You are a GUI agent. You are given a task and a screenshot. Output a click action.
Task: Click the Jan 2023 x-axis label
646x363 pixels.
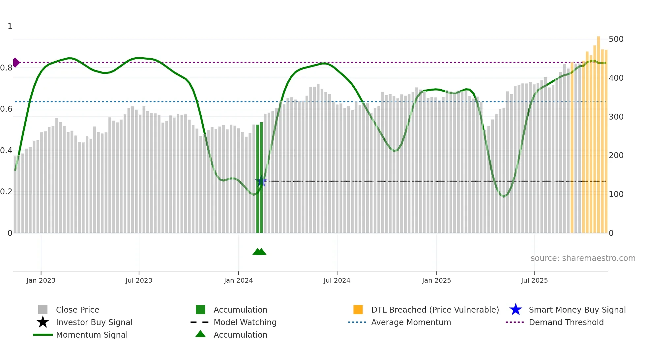[41, 280]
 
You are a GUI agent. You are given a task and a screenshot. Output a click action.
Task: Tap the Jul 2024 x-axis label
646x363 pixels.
[337, 280]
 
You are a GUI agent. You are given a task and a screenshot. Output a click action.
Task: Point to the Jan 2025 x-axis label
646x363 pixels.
[436, 280]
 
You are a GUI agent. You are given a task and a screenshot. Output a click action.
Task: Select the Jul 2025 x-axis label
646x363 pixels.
[534, 280]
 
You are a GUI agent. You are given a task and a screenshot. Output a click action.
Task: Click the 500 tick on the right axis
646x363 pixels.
[616, 39]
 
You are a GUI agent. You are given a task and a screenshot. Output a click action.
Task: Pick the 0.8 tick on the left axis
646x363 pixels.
[6, 68]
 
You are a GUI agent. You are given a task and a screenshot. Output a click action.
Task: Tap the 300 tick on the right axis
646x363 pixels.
[616, 117]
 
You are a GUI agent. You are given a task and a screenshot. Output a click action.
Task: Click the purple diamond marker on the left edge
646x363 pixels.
[16, 62]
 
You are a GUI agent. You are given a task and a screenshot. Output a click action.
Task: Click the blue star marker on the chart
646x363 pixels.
[261, 181]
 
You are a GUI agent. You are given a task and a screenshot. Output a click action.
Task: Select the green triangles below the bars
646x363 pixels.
[259, 252]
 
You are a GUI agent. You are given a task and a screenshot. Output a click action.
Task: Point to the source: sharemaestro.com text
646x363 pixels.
[583, 258]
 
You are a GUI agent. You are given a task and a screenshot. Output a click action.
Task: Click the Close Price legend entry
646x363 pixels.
[77, 310]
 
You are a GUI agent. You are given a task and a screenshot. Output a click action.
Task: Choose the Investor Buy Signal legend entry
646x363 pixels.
[94, 322]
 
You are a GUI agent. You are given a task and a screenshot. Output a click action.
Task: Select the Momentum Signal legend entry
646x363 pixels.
[92, 335]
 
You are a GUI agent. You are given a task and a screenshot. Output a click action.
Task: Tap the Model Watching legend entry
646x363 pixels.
[245, 322]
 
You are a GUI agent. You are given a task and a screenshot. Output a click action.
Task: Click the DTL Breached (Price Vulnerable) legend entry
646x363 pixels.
[435, 310]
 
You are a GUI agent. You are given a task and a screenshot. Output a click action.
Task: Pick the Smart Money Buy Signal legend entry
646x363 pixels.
[577, 310]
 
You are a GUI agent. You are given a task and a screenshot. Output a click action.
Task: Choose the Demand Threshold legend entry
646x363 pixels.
[566, 322]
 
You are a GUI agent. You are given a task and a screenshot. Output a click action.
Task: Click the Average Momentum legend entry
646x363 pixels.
[411, 322]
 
